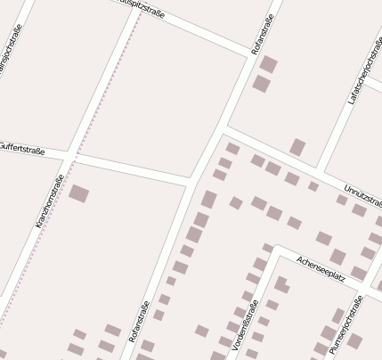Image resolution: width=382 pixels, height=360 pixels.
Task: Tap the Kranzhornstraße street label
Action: click(x=50, y=201)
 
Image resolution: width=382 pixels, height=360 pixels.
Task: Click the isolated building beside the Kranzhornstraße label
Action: click(x=79, y=192)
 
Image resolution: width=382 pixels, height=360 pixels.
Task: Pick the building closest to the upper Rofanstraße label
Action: click(x=268, y=64)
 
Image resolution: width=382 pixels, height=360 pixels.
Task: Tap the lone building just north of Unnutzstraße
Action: click(x=297, y=147)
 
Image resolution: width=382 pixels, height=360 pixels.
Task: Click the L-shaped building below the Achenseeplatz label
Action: click(x=281, y=284)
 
